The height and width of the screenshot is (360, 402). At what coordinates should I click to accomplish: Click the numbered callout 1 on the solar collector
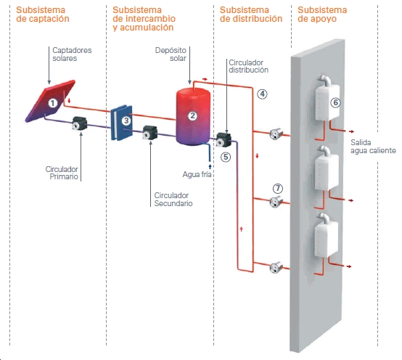53,103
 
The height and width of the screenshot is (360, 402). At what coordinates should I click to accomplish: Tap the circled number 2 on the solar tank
193,116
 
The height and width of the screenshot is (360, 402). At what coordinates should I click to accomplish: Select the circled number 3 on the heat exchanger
126,120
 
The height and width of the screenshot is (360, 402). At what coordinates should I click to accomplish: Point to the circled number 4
262,94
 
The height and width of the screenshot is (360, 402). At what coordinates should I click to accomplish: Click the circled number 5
226,157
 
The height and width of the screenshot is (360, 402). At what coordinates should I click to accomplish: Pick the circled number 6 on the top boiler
335,103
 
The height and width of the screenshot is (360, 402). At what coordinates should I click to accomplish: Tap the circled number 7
278,189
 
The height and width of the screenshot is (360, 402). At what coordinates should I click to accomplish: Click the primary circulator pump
80,123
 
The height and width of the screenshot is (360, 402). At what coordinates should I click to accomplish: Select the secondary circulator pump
149,133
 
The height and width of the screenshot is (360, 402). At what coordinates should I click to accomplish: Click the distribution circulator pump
223,140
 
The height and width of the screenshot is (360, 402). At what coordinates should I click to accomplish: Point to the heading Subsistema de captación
43,15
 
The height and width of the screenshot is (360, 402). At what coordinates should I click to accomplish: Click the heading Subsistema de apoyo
322,15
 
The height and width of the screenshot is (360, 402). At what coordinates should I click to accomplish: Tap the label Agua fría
197,175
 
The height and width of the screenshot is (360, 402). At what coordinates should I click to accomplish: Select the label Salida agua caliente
373,147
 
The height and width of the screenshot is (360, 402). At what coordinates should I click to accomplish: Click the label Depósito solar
171,54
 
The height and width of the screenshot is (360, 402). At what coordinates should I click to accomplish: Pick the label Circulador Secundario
173,199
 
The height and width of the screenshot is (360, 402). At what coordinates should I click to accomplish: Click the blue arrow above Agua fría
210,166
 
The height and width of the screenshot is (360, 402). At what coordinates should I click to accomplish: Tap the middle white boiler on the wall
327,169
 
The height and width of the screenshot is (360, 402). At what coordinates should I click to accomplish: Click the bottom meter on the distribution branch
276,268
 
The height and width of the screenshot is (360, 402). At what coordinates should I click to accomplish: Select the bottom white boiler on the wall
326,235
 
